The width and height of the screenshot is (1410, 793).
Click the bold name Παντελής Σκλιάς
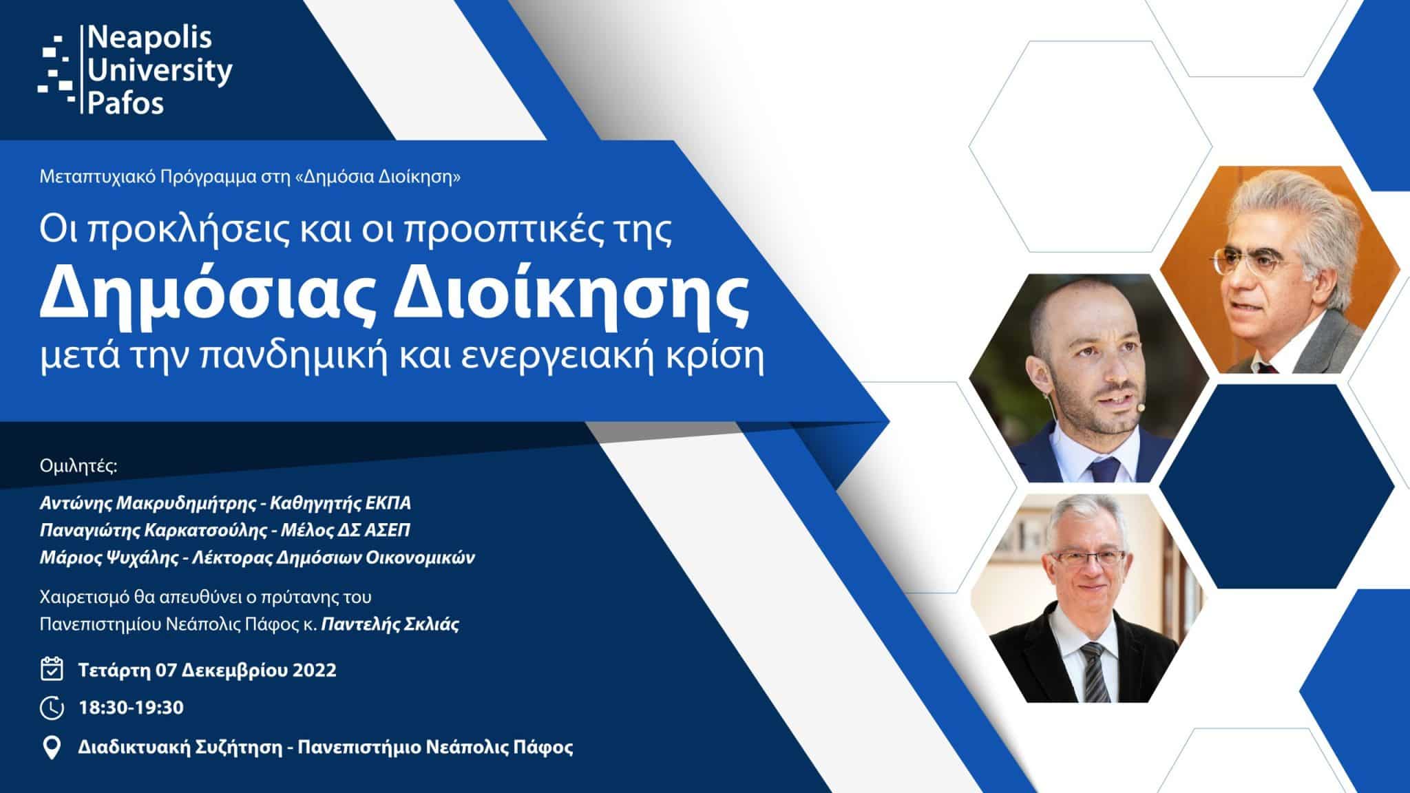pyautogui.click(x=391, y=625)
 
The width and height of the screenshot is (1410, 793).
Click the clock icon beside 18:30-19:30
pyautogui.click(x=52, y=708)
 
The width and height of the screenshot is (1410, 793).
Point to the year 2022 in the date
pyautogui.click(x=315, y=670)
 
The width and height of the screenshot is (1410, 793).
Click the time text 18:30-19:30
pyautogui.click(x=131, y=708)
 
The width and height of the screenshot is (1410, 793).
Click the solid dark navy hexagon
pyautogui.click(x=1276, y=486)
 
